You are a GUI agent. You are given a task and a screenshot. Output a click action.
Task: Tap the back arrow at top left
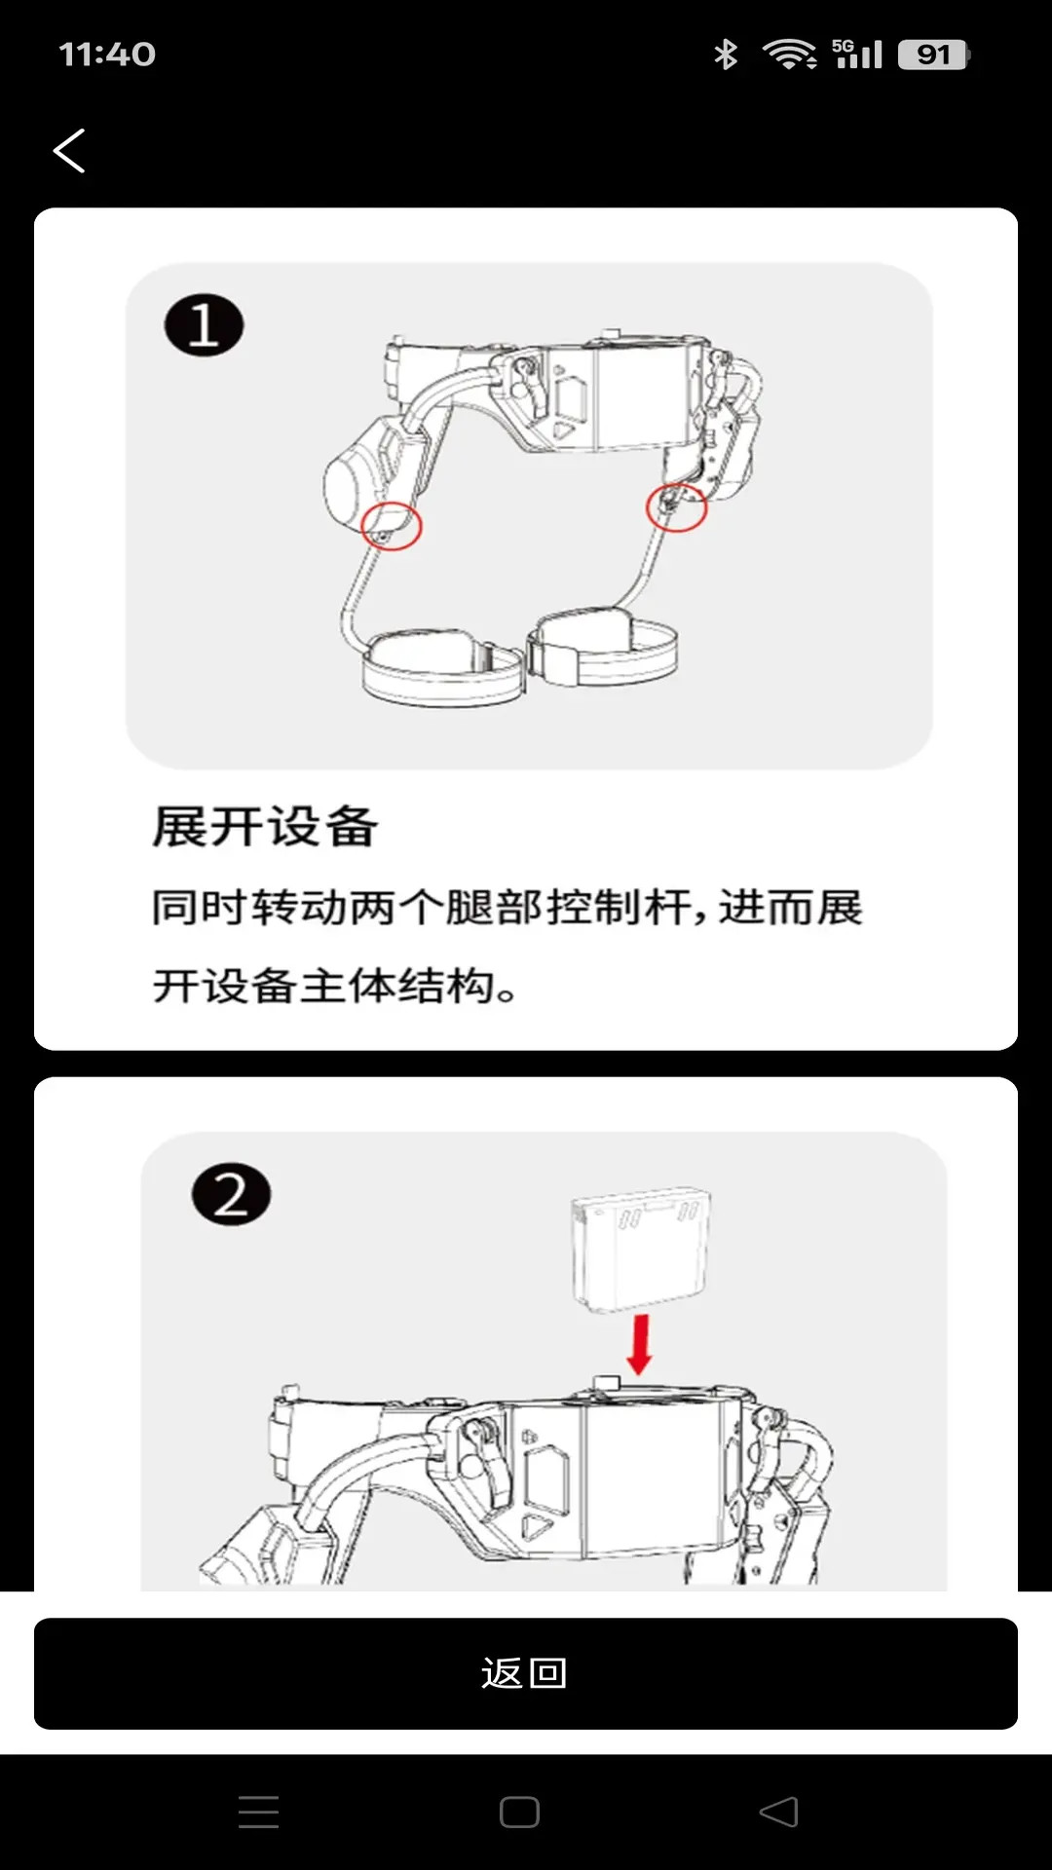pyautogui.click(x=69, y=151)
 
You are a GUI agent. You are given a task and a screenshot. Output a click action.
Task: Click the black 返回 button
pyautogui.click(x=526, y=1673)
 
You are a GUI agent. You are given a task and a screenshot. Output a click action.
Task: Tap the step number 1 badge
pyautogui.click(x=204, y=325)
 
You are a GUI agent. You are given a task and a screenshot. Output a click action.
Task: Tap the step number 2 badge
pyautogui.click(x=231, y=1194)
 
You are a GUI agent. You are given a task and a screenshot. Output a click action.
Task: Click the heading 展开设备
pyautogui.click(x=265, y=827)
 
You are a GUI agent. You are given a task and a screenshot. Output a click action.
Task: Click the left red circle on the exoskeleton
pyautogui.click(x=392, y=527)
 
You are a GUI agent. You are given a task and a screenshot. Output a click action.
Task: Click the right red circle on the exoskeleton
pyautogui.click(x=676, y=507)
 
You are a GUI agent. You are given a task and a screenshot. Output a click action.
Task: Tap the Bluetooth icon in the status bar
pyautogui.click(x=726, y=55)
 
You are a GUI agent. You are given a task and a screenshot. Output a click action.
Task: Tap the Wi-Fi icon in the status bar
pyautogui.click(x=789, y=55)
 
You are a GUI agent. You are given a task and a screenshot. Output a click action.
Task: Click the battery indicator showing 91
pyautogui.click(x=933, y=55)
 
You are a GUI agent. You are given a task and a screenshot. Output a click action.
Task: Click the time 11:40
pyautogui.click(x=107, y=55)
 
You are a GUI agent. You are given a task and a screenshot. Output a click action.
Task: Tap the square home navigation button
pyautogui.click(x=519, y=1812)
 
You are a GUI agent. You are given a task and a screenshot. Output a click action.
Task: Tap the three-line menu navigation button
pyautogui.click(x=259, y=1812)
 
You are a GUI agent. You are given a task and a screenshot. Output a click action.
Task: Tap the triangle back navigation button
pyautogui.click(x=779, y=1812)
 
